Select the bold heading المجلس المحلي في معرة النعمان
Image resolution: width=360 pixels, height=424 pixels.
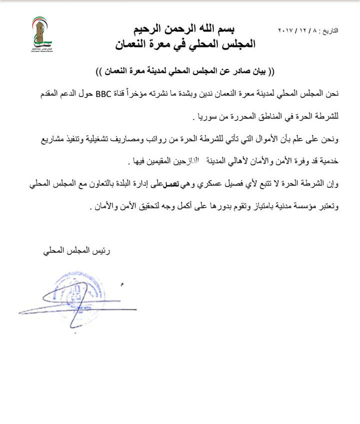[184, 44]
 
